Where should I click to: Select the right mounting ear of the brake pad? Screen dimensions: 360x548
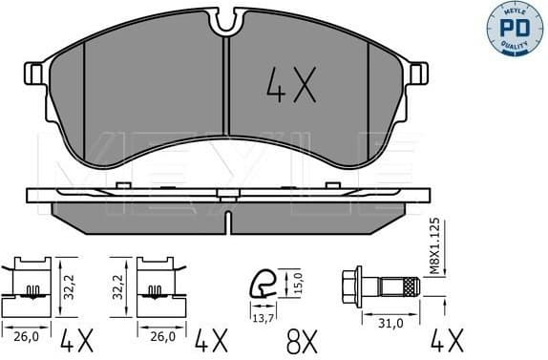click(x=417, y=73)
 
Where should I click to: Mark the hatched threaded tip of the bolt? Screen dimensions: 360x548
click(x=409, y=285)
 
